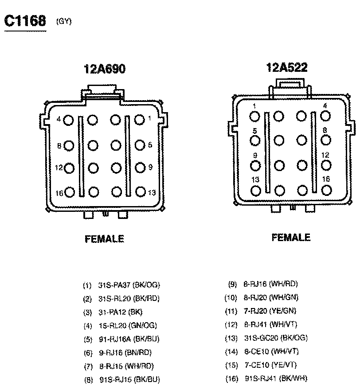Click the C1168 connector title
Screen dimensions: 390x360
25,21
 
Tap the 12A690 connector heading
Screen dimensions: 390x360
105,69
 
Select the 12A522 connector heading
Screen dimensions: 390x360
286,67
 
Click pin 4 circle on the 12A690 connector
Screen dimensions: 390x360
69,120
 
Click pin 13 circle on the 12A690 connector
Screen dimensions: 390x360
140,191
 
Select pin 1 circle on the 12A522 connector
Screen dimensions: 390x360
255,116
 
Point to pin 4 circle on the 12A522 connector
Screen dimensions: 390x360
326,116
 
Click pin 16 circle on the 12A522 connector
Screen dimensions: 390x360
326,190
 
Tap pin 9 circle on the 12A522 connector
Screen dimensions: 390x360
255,166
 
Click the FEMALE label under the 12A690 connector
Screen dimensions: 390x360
104,239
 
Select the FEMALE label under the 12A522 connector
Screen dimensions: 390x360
291,238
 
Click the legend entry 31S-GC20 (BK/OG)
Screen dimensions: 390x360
275,338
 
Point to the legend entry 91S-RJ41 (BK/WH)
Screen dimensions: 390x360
276,378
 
